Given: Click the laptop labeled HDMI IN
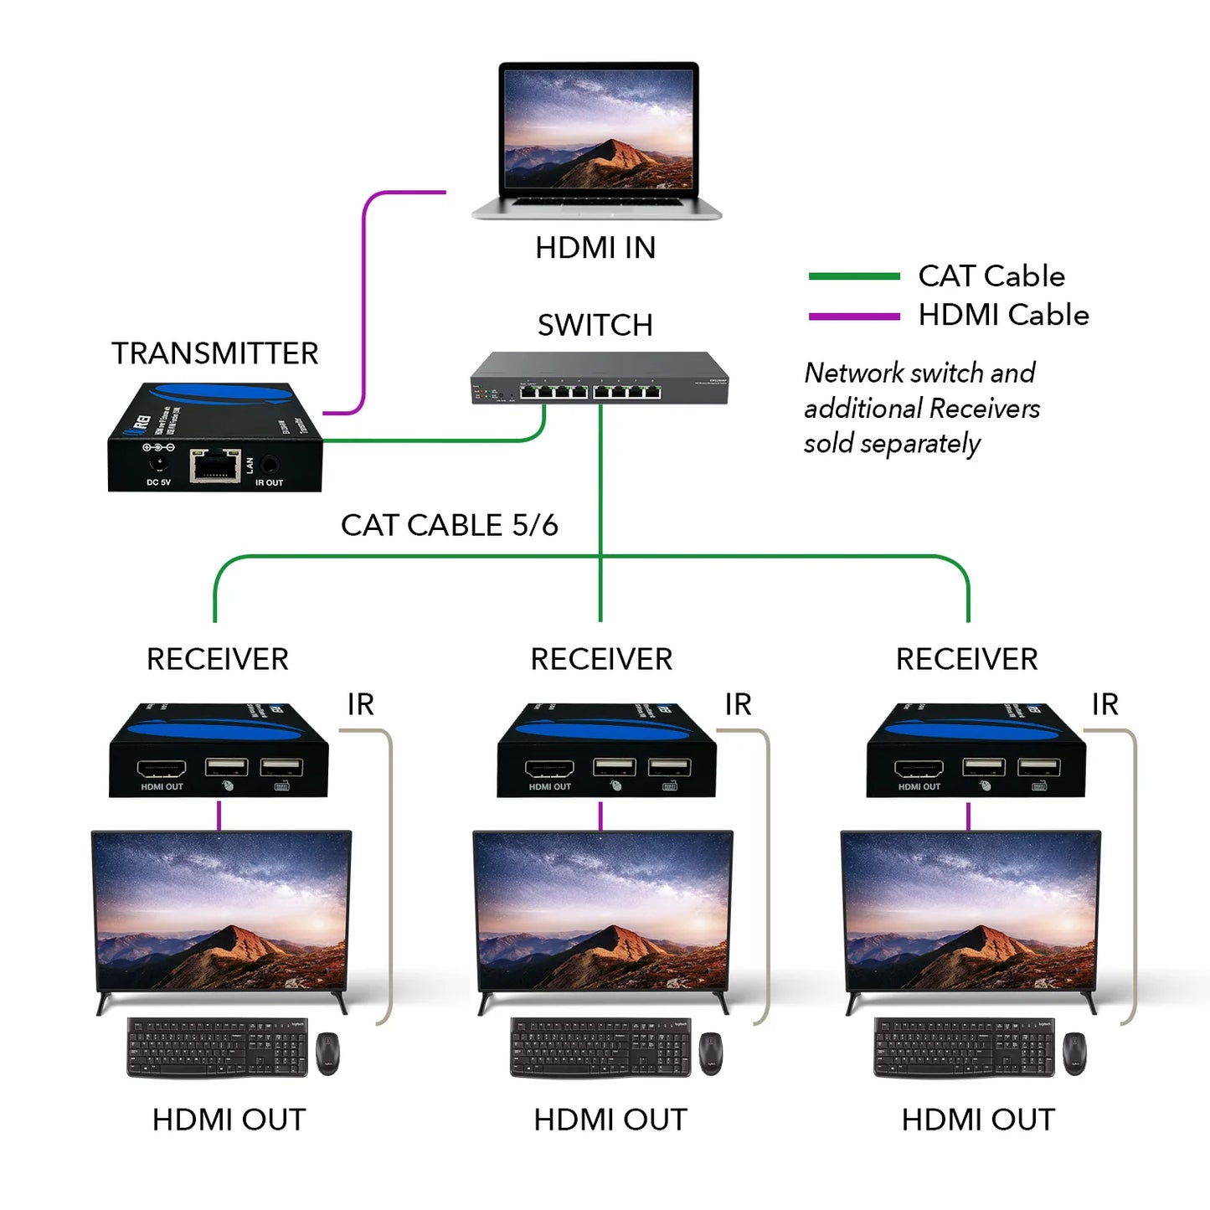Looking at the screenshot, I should coord(597,138).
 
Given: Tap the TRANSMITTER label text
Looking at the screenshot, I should coord(215,353).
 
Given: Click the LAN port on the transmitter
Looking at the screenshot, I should coord(215,466).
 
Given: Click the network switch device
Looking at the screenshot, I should coord(599,379).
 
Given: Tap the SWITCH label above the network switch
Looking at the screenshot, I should coord(595,325).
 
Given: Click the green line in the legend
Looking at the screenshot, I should coord(853,276).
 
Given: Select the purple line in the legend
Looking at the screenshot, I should coord(853,317).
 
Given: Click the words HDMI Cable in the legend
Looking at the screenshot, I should coord(1003,315).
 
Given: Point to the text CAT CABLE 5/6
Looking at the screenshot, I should coord(449,525).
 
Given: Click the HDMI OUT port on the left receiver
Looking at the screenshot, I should coord(162,768).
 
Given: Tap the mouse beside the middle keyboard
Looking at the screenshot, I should coord(710,1053).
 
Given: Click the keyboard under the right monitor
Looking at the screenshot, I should coord(964,1048).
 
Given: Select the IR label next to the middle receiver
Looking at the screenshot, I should coord(738,705).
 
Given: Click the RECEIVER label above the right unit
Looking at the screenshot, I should coord(966,659).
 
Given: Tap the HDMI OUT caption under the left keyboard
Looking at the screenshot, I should coord(229,1120).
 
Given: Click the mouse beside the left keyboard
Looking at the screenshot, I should coord(327,1053).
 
